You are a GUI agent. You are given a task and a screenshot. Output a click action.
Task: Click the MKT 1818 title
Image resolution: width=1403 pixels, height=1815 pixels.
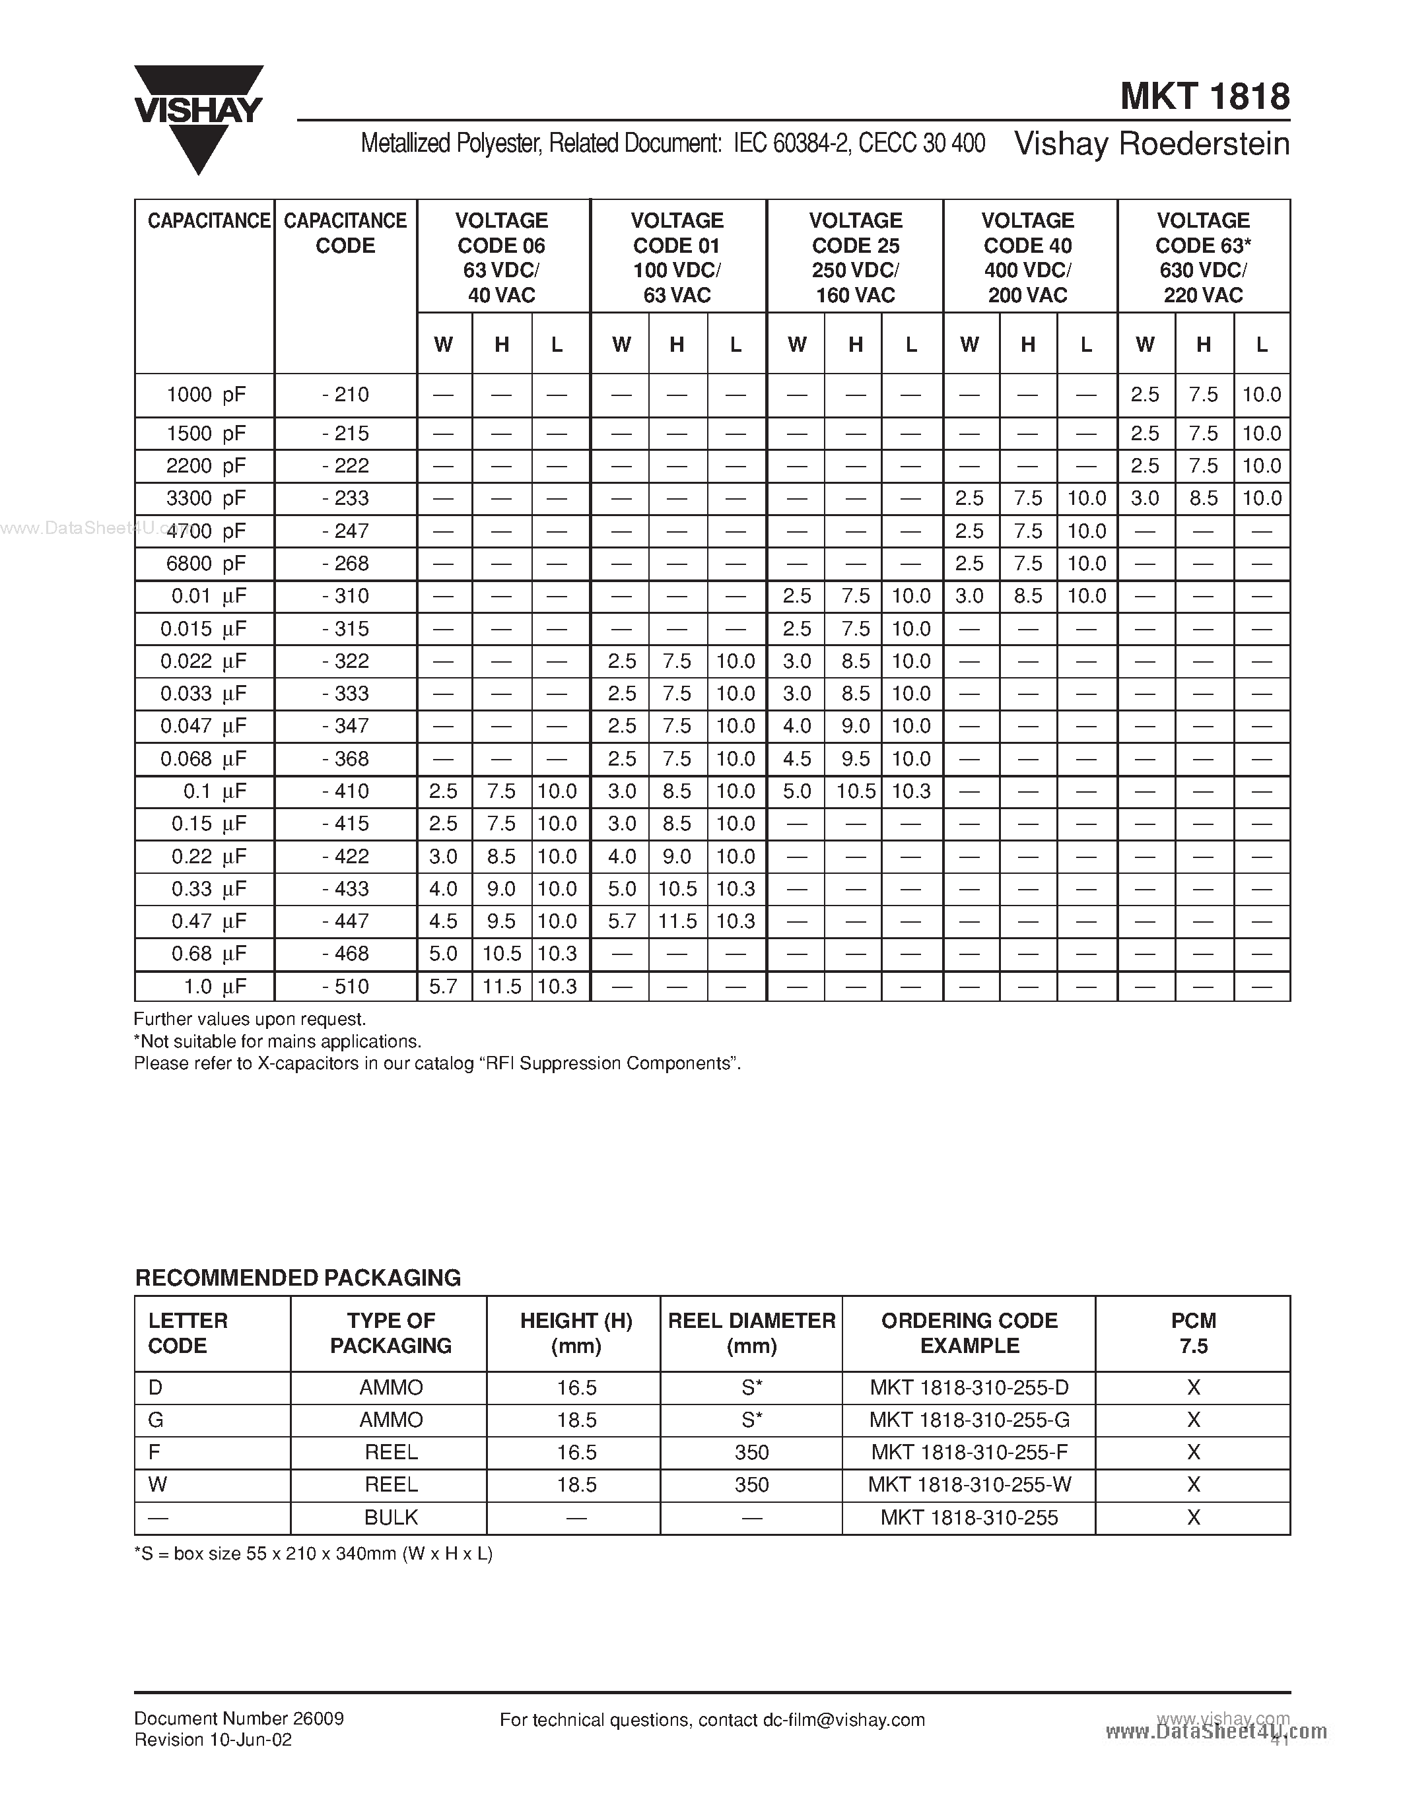(1204, 97)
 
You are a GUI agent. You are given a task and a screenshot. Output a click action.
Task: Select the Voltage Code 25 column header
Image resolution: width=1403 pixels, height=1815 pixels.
(854, 257)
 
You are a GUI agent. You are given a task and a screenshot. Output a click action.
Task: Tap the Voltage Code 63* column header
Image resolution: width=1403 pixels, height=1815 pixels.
(1203, 257)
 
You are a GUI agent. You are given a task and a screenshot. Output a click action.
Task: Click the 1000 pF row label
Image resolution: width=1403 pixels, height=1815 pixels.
(205, 395)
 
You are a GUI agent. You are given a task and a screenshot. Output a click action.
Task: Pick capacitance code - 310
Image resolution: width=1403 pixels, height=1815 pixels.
(345, 596)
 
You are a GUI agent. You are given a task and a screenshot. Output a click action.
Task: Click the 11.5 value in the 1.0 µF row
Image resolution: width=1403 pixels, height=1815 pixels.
(501, 987)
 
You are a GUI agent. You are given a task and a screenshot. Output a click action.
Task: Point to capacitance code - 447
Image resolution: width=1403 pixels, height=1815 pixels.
(345, 921)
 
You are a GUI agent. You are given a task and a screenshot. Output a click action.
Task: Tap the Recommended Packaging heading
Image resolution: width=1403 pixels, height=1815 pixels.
(298, 1277)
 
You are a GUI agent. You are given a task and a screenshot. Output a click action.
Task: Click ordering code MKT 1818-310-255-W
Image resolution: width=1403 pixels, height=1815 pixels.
(969, 1484)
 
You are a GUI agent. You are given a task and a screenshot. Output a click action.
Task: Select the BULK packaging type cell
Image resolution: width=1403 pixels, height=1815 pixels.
(391, 1517)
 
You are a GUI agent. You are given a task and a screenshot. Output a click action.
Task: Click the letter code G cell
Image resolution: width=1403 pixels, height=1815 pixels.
(155, 1420)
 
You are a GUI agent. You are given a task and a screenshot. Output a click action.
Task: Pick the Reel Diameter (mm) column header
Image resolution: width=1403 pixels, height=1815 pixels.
(751, 1333)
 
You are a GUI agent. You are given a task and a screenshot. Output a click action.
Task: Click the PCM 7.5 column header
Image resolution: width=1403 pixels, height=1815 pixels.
(1193, 1333)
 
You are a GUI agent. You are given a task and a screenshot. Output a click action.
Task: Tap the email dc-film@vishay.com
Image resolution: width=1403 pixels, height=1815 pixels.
(843, 1720)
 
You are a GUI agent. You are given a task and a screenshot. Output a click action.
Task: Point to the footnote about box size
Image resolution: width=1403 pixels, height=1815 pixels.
(314, 1553)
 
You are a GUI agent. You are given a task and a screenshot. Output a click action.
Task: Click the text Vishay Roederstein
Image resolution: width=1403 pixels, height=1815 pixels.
(1151, 144)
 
